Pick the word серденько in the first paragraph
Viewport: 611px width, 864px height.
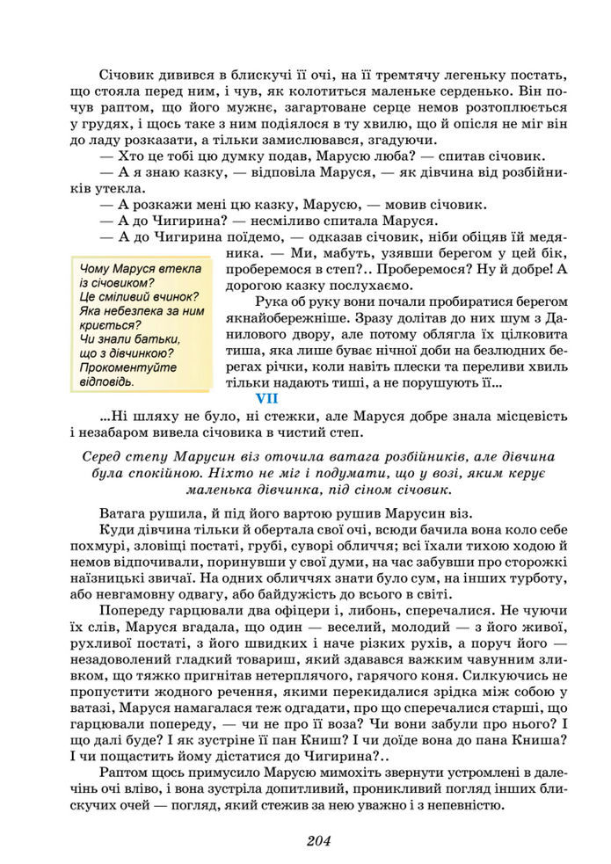[455, 89]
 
